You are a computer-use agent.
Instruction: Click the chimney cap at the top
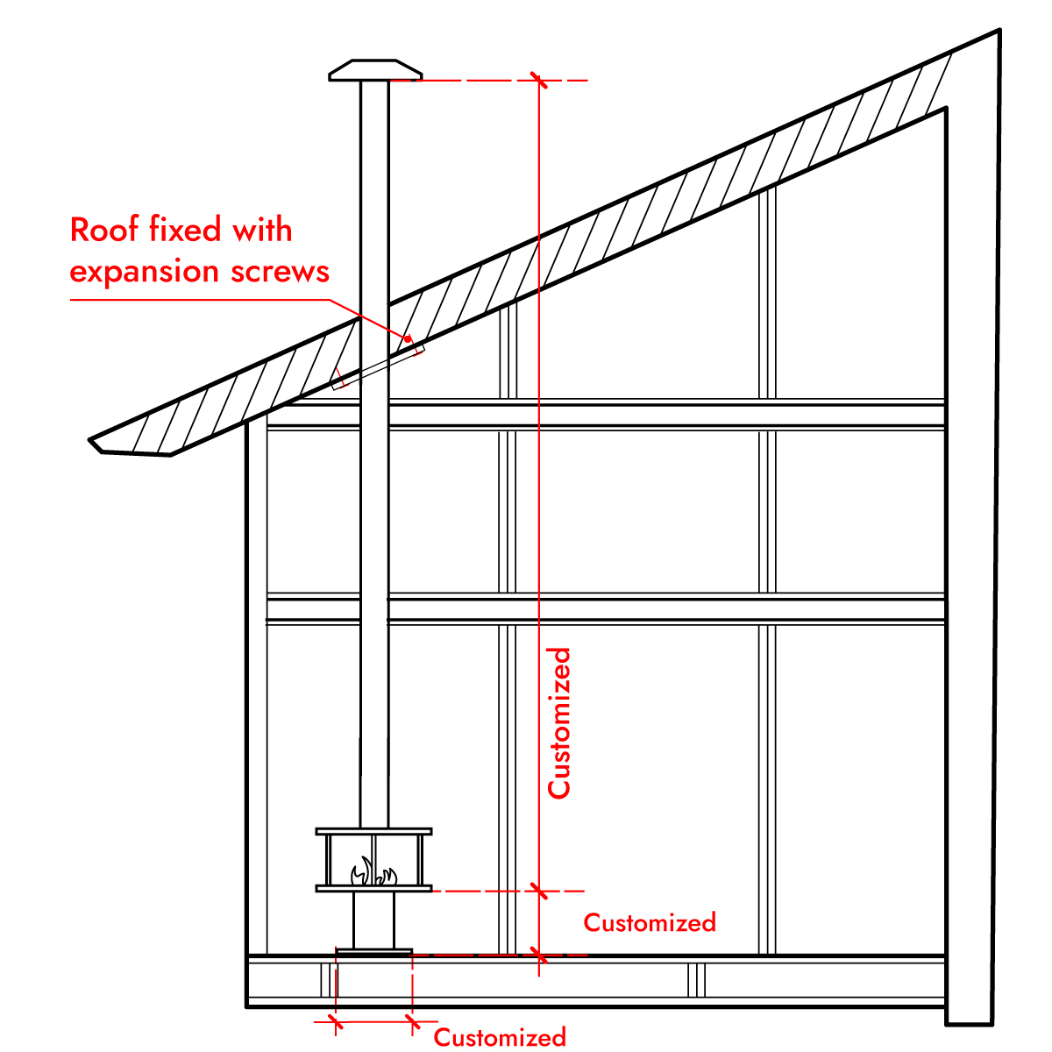click(374, 70)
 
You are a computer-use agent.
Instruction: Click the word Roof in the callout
click(104, 230)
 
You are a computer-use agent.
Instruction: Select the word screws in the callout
click(281, 272)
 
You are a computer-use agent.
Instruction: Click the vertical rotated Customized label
click(559, 723)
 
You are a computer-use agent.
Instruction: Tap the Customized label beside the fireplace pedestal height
click(650, 922)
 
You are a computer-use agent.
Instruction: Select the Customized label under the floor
click(500, 1038)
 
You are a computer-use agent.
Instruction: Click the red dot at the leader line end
click(408, 338)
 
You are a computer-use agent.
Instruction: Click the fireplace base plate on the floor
click(373, 951)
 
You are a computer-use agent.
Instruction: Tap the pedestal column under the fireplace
click(373, 920)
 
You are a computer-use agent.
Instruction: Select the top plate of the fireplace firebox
click(373, 830)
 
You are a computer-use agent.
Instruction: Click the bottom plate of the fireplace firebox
click(373, 889)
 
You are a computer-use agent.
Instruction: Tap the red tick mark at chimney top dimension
click(538, 81)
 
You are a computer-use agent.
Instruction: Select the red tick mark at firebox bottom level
click(538, 892)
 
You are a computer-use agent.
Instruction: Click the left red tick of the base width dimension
click(335, 1021)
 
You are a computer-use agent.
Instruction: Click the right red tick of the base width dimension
click(411, 1021)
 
